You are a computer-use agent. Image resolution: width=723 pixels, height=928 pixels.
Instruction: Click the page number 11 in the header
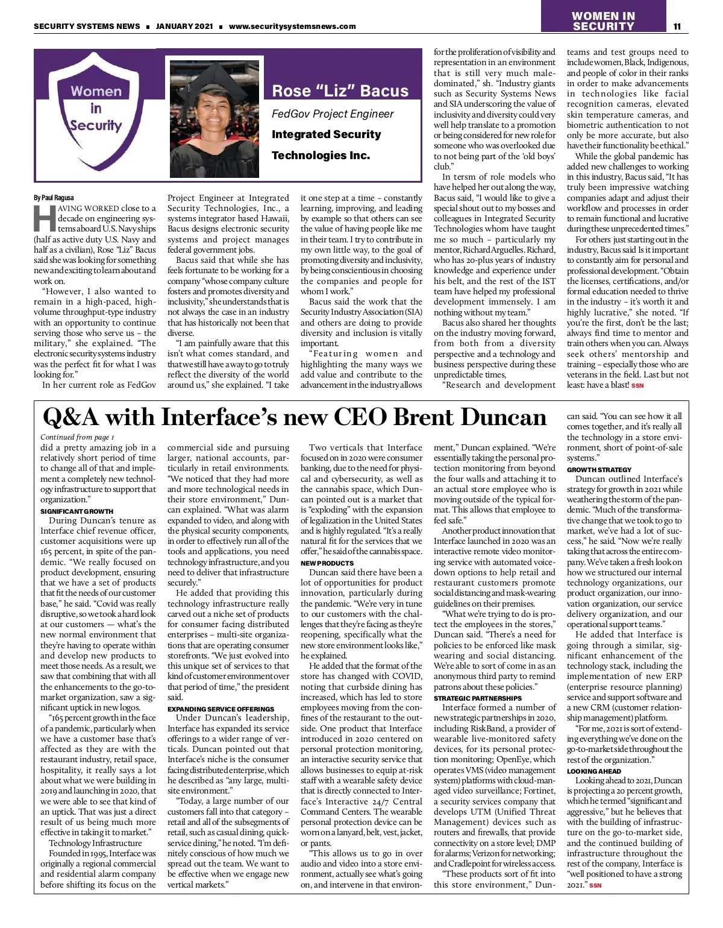pyautogui.click(x=677, y=26)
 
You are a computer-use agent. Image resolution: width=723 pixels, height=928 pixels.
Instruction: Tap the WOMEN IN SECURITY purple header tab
pyautogui.click(x=602, y=21)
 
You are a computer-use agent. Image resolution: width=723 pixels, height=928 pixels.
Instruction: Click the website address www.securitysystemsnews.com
pyautogui.click(x=292, y=26)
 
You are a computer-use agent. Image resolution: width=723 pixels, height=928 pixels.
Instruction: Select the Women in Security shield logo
pyautogui.click(x=96, y=115)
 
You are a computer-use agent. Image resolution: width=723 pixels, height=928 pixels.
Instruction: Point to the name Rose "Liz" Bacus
pyautogui.click(x=340, y=91)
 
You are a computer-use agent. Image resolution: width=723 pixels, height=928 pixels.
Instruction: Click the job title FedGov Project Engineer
pyautogui.click(x=333, y=114)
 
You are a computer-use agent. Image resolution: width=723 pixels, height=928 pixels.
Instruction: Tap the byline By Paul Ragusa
pyautogui.click(x=54, y=198)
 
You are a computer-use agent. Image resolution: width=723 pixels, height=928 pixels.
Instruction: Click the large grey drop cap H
pyautogui.click(x=44, y=219)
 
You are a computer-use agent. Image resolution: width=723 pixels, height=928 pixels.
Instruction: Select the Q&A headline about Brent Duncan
pyautogui.click(x=295, y=417)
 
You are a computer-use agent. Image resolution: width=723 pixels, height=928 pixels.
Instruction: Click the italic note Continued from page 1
pyautogui.click(x=77, y=437)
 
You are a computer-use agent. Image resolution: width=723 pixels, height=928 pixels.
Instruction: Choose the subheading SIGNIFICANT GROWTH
pyautogui.click(x=77, y=511)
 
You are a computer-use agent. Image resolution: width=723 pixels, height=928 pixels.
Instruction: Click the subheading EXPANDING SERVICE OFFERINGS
pyautogui.click(x=221, y=709)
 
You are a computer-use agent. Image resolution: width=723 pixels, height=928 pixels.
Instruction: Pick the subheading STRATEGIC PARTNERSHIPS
pyautogui.click(x=478, y=698)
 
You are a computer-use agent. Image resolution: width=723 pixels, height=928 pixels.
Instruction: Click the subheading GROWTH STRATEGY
pyautogui.click(x=599, y=469)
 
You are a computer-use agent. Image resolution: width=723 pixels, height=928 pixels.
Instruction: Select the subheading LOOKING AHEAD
pyautogui.click(x=593, y=771)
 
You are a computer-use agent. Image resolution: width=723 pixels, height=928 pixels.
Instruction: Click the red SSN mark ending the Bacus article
pyautogui.click(x=637, y=385)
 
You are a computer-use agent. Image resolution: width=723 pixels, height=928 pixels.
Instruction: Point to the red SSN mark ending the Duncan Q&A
pyautogui.click(x=595, y=885)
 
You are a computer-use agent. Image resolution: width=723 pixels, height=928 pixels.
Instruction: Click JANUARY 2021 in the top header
pyautogui.click(x=184, y=26)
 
